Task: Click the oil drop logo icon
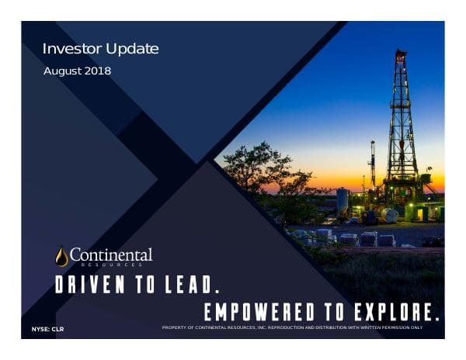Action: point(61,256)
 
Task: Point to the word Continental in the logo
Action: point(111,254)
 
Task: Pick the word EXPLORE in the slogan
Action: point(398,312)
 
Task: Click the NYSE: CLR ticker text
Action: point(47,331)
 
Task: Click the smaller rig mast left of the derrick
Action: point(373,163)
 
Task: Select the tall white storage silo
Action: point(342,200)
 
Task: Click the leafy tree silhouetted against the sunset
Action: point(256,167)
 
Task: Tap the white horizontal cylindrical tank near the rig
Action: point(389,215)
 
